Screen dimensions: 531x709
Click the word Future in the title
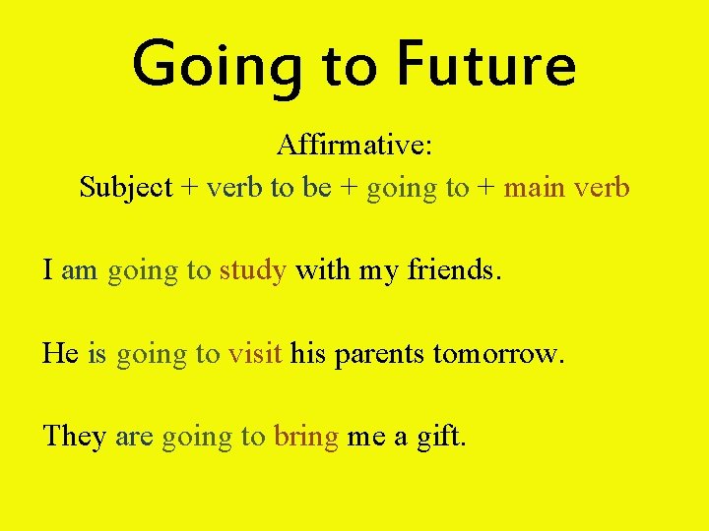(x=485, y=65)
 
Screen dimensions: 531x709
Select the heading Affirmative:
(x=354, y=146)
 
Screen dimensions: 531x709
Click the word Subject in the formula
(x=126, y=187)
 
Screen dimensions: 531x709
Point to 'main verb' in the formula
(x=566, y=187)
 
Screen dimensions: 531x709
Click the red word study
(x=253, y=270)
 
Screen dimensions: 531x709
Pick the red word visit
(x=255, y=353)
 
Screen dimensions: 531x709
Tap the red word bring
(x=306, y=437)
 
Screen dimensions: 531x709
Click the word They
(x=74, y=436)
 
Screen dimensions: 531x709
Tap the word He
(x=60, y=353)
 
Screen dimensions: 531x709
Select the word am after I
(x=80, y=270)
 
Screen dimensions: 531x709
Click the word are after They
(x=133, y=437)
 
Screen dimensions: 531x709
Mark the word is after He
(x=97, y=353)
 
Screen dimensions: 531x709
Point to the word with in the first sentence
(x=321, y=269)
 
